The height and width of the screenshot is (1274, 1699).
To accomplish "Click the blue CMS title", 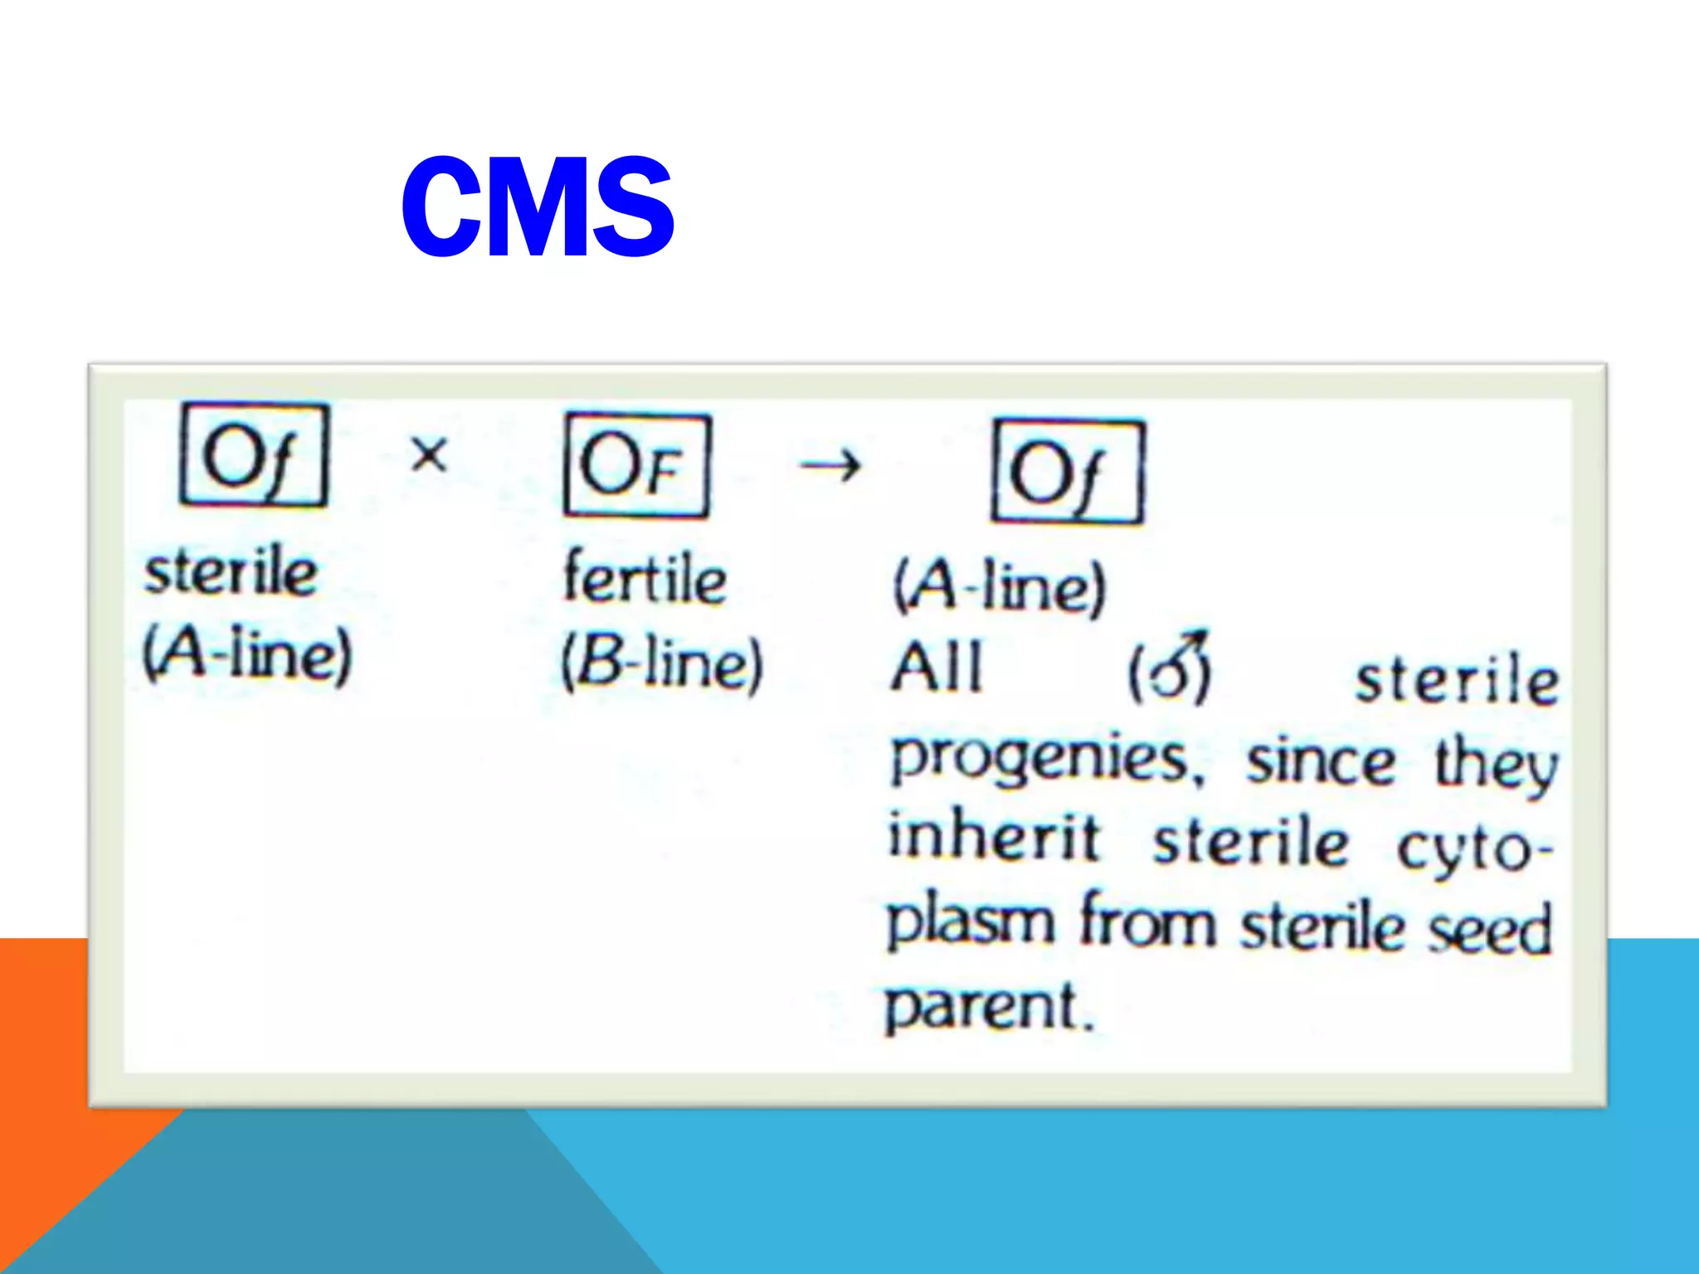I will click(x=538, y=207).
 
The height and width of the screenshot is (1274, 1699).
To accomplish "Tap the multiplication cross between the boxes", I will click(x=429, y=455).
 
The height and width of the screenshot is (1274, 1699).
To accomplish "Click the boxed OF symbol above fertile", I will click(x=636, y=465).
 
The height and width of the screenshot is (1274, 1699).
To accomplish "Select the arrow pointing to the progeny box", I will click(x=830, y=466).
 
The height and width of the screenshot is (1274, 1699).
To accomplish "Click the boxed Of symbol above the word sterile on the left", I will click(x=254, y=455).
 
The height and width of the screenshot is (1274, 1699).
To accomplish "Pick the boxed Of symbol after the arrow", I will click(x=1067, y=471).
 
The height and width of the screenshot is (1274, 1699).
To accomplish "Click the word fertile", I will click(x=645, y=577).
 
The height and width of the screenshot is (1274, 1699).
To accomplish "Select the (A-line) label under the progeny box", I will click(x=1000, y=587).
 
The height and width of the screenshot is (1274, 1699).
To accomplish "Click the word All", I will click(x=936, y=668).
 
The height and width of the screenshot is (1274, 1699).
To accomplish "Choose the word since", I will click(x=1321, y=761).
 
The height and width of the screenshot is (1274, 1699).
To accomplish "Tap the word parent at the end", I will click(x=987, y=1006).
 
